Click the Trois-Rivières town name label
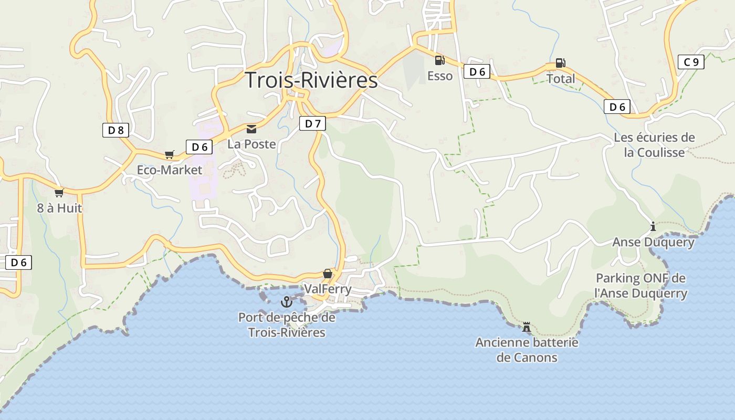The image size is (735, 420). (311, 80)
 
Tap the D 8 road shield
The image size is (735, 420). (115, 130)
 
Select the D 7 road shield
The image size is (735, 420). (312, 123)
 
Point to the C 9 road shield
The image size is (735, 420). (691, 62)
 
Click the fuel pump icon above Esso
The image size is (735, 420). (439, 60)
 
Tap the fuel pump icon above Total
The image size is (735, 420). (560, 64)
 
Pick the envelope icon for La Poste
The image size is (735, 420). (251, 129)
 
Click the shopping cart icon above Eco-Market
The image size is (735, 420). (169, 155)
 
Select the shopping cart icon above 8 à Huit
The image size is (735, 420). (59, 193)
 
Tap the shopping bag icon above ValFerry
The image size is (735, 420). (328, 274)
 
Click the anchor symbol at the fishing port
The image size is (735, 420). (286, 302)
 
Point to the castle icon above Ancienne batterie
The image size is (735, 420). (526, 328)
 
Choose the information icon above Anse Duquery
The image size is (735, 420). (653, 227)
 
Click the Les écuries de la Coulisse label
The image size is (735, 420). (654, 145)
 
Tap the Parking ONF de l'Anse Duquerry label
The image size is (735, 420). (640, 286)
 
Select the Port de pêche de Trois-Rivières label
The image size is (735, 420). (287, 325)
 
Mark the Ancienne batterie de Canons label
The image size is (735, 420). (527, 350)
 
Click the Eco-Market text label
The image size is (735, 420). (169, 170)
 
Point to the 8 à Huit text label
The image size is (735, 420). (59, 208)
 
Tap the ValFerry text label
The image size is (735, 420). (328, 289)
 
